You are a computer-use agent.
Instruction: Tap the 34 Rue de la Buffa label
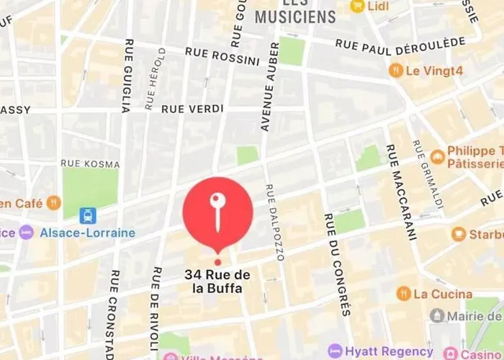pyautogui.click(x=217, y=282)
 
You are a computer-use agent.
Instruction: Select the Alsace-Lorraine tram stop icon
pyautogui.click(x=88, y=215)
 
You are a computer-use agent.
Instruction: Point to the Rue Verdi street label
pyautogui.click(x=192, y=108)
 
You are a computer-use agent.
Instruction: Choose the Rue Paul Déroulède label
pyautogui.click(x=400, y=44)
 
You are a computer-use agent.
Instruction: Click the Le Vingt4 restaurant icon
pyautogui.click(x=395, y=71)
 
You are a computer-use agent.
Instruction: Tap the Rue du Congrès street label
pyautogui.click(x=336, y=264)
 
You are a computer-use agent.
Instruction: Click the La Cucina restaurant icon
pyautogui.click(x=403, y=294)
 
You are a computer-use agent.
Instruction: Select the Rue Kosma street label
pyautogui.click(x=90, y=164)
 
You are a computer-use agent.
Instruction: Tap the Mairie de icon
pyautogui.click(x=437, y=315)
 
